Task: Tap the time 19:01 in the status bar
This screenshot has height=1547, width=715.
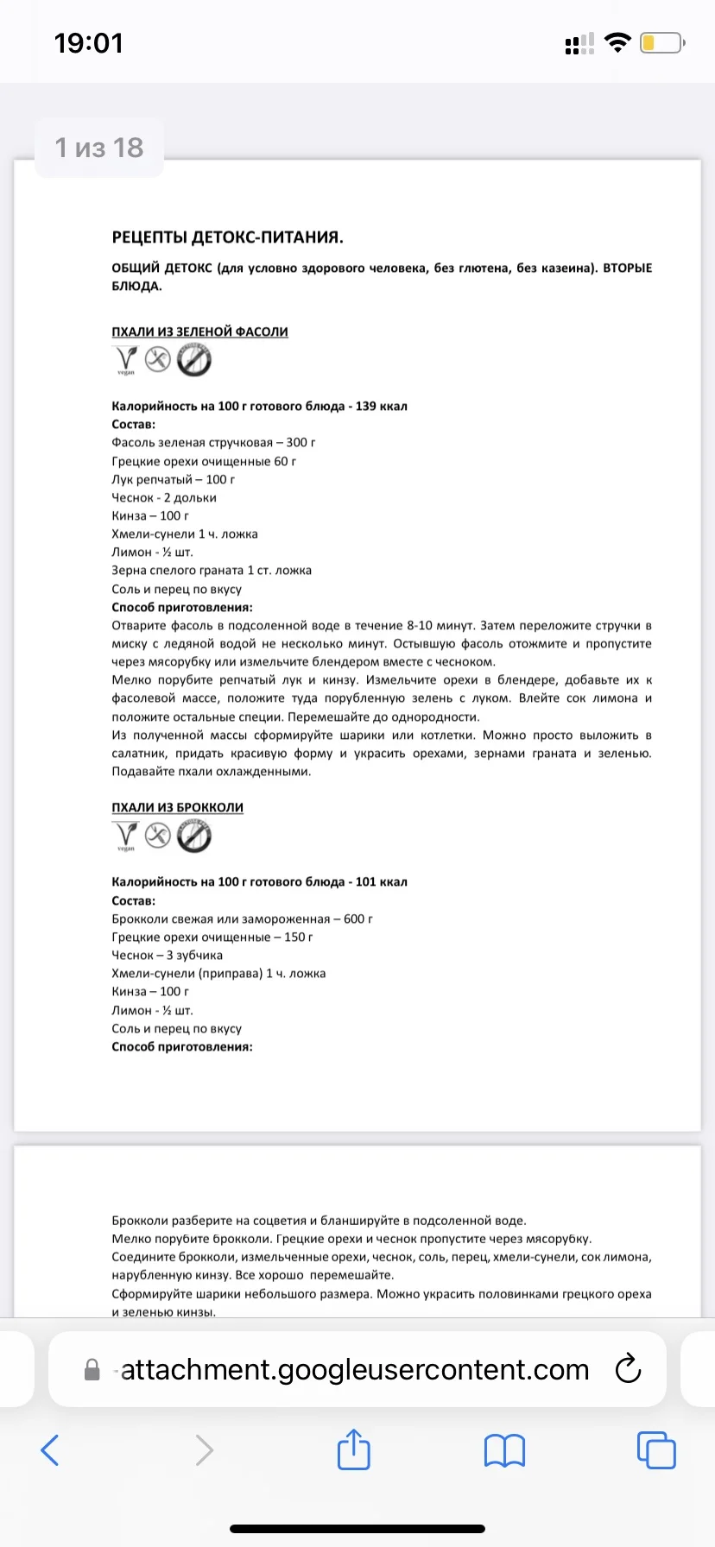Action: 89,43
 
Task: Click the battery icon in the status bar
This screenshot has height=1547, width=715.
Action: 662,42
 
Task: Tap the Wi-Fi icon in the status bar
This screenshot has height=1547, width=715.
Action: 617,42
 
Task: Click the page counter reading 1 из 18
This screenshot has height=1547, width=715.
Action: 99,148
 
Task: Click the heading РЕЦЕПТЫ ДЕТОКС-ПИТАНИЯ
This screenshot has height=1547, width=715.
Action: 228,237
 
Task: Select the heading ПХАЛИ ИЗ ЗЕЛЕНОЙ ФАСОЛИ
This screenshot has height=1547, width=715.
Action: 199,331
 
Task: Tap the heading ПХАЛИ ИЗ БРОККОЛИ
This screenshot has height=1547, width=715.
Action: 177,807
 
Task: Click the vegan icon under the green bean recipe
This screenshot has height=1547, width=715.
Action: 126,360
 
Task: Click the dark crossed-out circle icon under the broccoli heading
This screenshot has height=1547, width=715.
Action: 194,836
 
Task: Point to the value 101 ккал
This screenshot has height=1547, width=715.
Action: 381,881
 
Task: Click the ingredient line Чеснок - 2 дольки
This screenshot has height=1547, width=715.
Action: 164,497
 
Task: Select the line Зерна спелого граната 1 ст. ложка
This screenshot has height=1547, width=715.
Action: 212,571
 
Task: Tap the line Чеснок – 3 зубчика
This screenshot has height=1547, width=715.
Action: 167,955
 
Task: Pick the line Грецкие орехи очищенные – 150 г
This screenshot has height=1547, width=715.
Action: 212,937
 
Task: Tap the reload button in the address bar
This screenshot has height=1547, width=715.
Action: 628,1369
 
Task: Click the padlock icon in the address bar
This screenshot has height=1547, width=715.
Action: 92,1370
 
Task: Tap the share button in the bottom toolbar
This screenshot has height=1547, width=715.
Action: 353,1449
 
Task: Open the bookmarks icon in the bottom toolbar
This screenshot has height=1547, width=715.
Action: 505,1450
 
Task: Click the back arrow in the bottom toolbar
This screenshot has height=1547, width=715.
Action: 50,1450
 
